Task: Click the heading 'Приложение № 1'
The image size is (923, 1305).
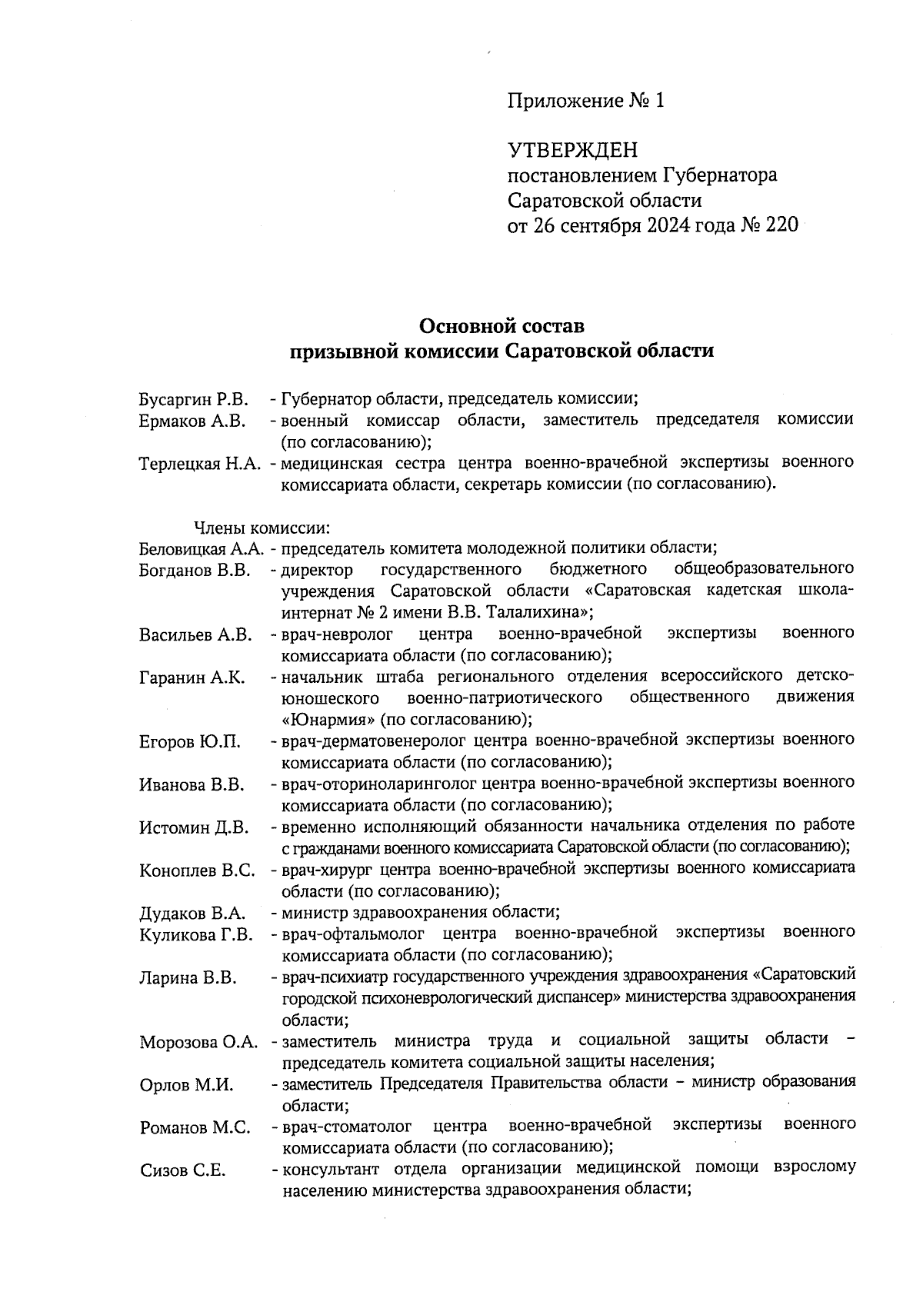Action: tap(585, 101)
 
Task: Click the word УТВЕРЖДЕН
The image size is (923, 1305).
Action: tap(573, 149)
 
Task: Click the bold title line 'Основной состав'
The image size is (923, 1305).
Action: tap(501, 326)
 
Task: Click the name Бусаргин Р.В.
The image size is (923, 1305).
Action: tap(194, 399)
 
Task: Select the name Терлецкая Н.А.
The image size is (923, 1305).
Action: tap(202, 464)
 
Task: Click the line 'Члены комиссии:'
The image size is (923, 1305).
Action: tap(262, 528)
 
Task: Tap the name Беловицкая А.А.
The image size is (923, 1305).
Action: tap(202, 549)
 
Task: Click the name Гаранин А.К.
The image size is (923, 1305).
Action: tap(192, 677)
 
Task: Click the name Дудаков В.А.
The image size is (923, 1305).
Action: tap(192, 914)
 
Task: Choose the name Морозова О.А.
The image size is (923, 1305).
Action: tap(198, 1043)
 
